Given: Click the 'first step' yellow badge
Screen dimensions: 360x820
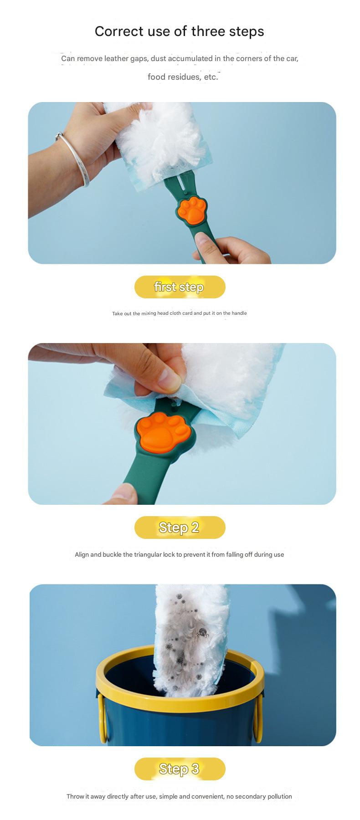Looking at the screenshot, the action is click(180, 287).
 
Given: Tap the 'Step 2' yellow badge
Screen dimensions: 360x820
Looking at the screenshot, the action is click(180, 528).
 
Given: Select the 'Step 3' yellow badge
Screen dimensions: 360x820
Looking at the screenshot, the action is click(180, 769).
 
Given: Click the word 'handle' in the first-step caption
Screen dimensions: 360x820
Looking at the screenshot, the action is click(239, 313).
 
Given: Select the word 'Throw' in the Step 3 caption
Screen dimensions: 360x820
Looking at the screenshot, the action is click(76, 796).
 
